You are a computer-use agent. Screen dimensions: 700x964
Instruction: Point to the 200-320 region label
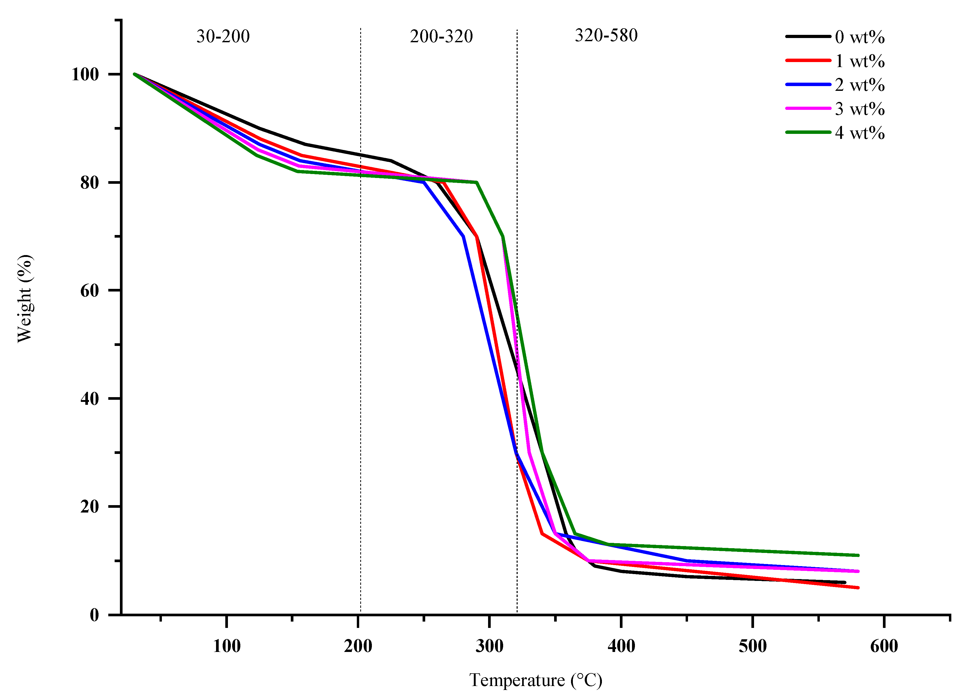coord(441,36)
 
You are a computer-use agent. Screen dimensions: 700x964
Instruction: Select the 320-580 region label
coord(606,35)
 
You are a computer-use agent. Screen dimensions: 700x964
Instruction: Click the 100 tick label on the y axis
coord(85,74)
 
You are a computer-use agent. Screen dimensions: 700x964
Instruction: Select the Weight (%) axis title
coord(25,298)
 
